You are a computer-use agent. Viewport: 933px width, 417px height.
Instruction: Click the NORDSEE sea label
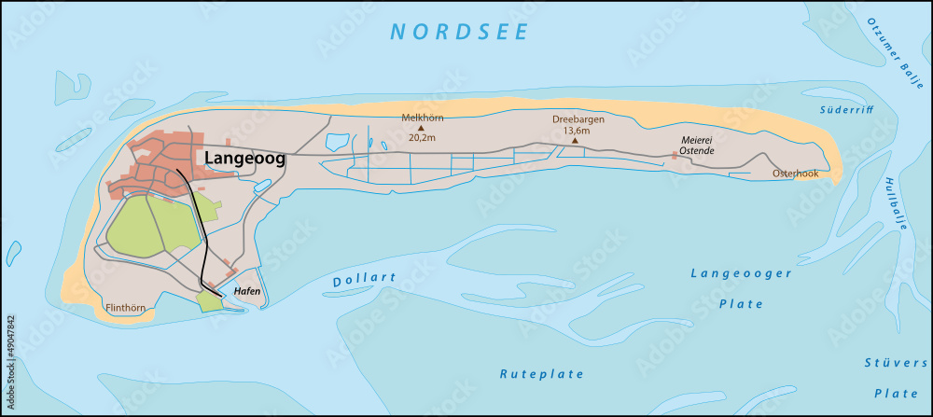click(x=460, y=32)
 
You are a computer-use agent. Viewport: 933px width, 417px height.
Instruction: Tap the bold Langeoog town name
click(x=244, y=159)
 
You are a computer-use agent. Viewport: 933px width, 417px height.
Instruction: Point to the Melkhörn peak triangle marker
click(x=421, y=128)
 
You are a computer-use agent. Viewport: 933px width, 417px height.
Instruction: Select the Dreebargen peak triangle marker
click(x=575, y=141)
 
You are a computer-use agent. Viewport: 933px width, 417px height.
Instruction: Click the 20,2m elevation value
click(x=421, y=137)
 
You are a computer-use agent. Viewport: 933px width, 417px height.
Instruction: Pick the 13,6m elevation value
click(x=576, y=132)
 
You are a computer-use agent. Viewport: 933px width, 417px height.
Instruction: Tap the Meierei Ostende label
click(x=696, y=146)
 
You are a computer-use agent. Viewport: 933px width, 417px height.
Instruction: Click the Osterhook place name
click(x=795, y=174)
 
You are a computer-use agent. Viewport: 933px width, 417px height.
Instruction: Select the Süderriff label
click(x=843, y=110)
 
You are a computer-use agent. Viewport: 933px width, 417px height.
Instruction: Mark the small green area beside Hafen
click(x=210, y=300)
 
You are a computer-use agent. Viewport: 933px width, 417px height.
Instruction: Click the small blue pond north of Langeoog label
click(x=336, y=143)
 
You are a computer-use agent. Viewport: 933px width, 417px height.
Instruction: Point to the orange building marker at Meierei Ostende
click(x=674, y=155)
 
